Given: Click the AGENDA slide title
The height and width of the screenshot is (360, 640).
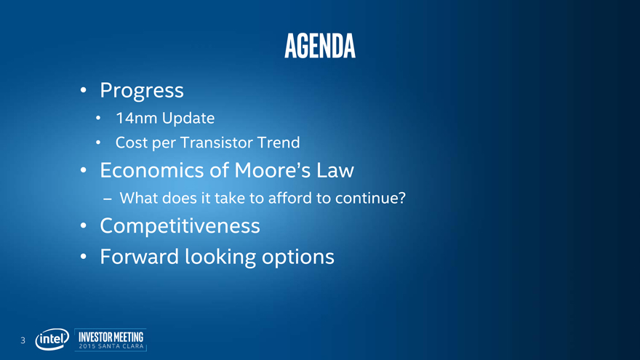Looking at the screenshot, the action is (320, 46).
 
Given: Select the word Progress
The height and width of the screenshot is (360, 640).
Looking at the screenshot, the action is (142, 91).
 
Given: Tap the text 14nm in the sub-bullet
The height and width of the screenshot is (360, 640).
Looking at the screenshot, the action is (136, 118).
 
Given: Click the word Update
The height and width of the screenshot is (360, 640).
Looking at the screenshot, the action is (188, 119).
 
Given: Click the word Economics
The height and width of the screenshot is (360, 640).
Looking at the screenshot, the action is (152, 170).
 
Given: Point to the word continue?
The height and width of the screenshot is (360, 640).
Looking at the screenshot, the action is (371, 198).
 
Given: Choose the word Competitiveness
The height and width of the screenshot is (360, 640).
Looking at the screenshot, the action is (180, 225).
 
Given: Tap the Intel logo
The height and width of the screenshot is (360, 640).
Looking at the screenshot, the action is (52, 339).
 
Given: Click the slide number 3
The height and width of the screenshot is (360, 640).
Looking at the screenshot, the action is (23, 340).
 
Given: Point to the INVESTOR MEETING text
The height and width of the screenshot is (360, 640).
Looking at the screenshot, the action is (111, 337).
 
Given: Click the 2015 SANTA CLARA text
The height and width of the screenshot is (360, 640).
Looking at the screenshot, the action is (111, 346).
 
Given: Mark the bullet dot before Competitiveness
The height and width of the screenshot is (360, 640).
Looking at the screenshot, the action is (83, 225).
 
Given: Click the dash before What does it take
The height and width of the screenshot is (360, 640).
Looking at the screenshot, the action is (108, 199).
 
